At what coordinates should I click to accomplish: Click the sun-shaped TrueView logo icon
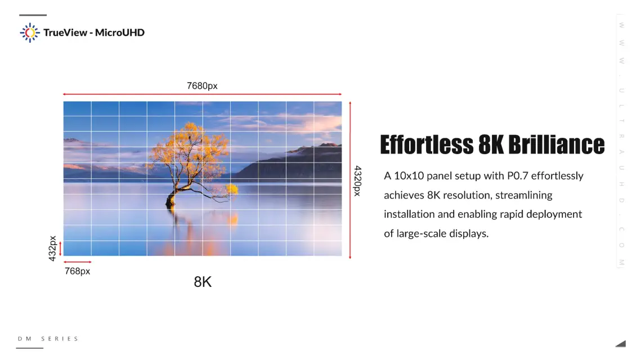tap(30, 33)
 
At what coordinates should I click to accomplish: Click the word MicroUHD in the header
tap(120, 33)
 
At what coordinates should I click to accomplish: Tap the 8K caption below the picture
tap(203, 282)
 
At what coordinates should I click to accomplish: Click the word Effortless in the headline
tap(427, 144)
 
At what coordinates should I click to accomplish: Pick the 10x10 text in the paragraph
tap(409, 175)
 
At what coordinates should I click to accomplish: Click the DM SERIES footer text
tap(48, 339)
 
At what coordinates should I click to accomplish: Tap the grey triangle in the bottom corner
tap(622, 344)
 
